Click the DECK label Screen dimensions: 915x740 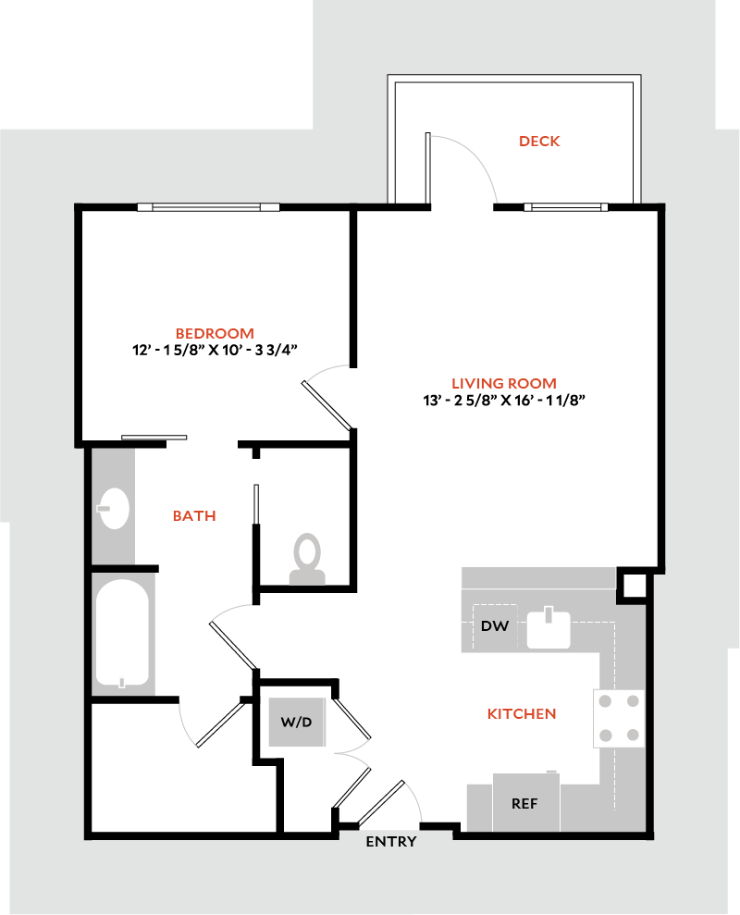[539, 142]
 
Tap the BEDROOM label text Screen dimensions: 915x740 [215, 333]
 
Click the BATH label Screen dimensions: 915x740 [194, 515]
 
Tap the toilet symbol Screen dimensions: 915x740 [307, 561]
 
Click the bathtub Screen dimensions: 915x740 [121, 634]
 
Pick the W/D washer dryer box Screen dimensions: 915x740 [297, 722]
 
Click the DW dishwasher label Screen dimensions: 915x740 [495, 626]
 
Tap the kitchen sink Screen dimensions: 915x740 [549, 628]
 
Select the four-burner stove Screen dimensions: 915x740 [619, 717]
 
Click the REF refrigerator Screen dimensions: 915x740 [524, 802]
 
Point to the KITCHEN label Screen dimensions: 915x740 [522, 714]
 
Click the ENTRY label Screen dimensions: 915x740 [390, 842]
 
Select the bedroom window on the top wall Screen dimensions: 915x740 [208, 207]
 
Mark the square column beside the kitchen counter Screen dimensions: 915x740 [633, 586]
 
